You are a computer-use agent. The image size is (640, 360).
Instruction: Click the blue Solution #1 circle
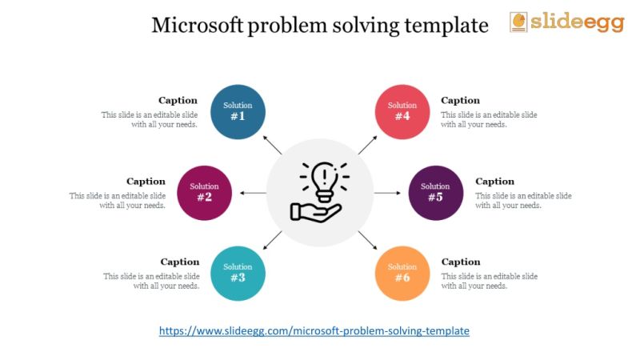coord(238,111)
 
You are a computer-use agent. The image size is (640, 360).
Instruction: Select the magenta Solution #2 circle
coord(204,193)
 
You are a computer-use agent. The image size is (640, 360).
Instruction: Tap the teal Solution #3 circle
coord(238,273)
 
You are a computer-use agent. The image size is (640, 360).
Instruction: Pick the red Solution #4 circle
coord(402,111)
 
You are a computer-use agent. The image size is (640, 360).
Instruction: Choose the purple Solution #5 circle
coord(435,193)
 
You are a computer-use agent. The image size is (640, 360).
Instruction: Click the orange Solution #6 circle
coord(402,273)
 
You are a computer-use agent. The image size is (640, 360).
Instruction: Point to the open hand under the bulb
coord(315,211)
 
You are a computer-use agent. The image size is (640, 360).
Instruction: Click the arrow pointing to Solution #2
coord(254,193)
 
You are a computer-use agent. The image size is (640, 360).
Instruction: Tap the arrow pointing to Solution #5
coord(386,193)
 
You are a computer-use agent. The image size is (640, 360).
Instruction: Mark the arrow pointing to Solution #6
coord(367,240)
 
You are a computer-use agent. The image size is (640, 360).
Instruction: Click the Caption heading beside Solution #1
coord(178,101)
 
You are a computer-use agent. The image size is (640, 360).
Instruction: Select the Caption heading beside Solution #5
coord(495,182)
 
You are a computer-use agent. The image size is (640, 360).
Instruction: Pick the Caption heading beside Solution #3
coord(180,262)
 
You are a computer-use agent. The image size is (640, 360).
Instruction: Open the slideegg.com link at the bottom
coord(314,330)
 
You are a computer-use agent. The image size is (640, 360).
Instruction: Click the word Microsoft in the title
coord(198,26)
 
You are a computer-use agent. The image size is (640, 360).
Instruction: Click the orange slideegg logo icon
coord(518,22)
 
